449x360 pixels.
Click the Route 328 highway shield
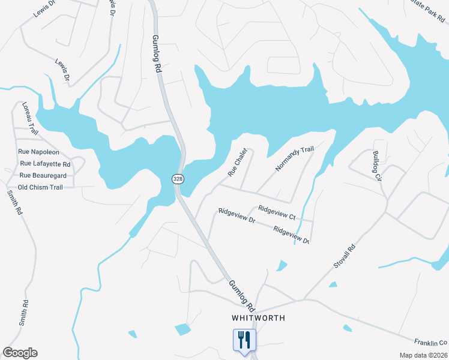click(x=178, y=179)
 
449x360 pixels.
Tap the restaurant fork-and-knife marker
click(x=244, y=340)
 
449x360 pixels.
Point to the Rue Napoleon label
click(x=39, y=152)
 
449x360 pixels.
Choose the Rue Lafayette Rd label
click(x=45, y=164)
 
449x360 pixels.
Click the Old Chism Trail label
click(x=40, y=187)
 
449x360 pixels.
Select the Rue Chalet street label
click(x=237, y=163)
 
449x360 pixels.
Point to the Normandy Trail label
click(x=295, y=158)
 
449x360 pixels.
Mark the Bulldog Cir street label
click(x=376, y=166)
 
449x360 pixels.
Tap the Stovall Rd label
click(x=345, y=256)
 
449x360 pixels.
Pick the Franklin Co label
click(x=431, y=342)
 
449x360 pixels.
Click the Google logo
click(x=20, y=353)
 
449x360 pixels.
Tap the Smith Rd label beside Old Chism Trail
click(x=14, y=203)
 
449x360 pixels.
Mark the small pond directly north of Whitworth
click(x=282, y=265)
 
